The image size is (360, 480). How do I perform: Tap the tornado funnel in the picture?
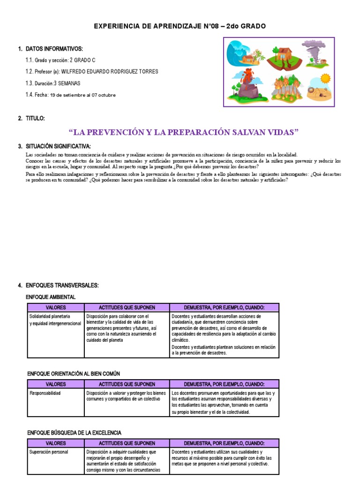[x=313, y=52]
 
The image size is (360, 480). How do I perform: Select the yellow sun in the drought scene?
[x=325, y=78]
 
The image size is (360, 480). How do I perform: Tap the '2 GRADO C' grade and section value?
[x=82, y=60]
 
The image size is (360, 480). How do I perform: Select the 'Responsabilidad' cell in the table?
[x=45, y=393]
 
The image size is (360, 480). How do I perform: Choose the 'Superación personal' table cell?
[x=49, y=452]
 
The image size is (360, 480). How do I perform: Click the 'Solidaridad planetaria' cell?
[x=50, y=316]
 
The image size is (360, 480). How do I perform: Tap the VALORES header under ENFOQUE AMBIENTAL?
[x=55, y=307]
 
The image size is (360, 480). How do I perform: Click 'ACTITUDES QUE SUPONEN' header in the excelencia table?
[x=127, y=443]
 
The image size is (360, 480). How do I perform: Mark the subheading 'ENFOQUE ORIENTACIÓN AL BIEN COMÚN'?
[x=74, y=374]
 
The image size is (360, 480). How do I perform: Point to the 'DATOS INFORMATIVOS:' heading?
[x=54, y=49]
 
